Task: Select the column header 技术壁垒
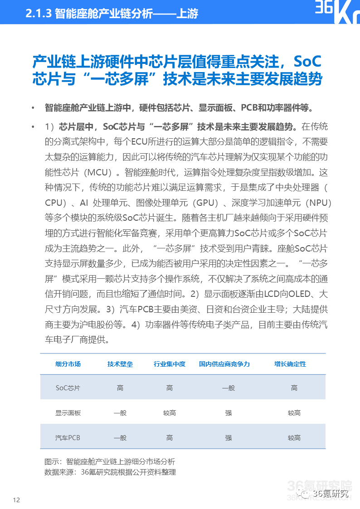pyautogui.click(x=120, y=364)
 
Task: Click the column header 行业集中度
pyautogui.click(x=169, y=364)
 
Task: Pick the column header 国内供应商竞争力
pyautogui.click(x=224, y=364)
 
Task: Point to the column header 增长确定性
pyautogui.click(x=290, y=364)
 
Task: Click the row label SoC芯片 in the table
pyautogui.click(x=68, y=388)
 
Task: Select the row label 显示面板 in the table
pyautogui.click(x=68, y=413)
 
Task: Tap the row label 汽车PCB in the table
pyautogui.click(x=68, y=438)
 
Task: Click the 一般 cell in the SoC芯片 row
pyautogui.click(x=228, y=388)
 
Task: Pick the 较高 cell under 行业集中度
pyautogui.click(x=169, y=413)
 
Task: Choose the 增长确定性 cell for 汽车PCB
pyautogui.click(x=294, y=438)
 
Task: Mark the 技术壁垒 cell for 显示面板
pyautogui.click(x=120, y=413)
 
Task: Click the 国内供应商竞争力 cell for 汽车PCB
pyautogui.click(x=228, y=438)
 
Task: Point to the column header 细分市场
pyautogui.click(x=68, y=364)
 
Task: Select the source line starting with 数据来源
pyautogui.click(x=110, y=472)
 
